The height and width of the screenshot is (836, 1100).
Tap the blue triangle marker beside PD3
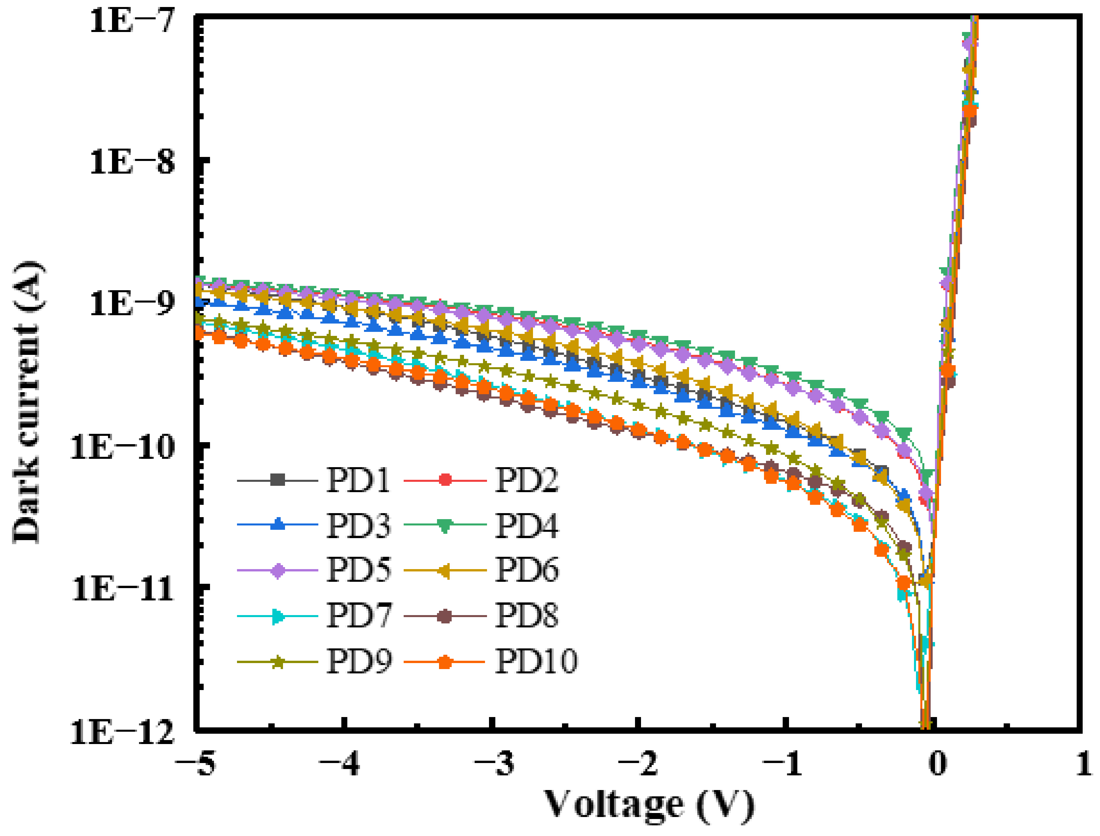[x=278, y=524]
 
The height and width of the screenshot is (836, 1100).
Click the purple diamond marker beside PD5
[x=278, y=570]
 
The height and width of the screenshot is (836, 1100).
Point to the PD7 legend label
[x=358, y=616]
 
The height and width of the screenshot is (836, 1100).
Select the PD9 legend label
[x=358, y=661]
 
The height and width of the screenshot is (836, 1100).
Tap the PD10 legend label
[x=536, y=661]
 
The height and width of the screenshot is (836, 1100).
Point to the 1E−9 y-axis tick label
[x=132, y=303]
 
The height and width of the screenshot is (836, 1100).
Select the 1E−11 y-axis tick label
[x=122, y=589]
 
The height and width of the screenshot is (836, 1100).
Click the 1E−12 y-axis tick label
[x=122, y=731]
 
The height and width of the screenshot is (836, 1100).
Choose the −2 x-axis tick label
[x=638, y=763]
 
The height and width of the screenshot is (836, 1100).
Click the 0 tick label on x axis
[x=937, y=763]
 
